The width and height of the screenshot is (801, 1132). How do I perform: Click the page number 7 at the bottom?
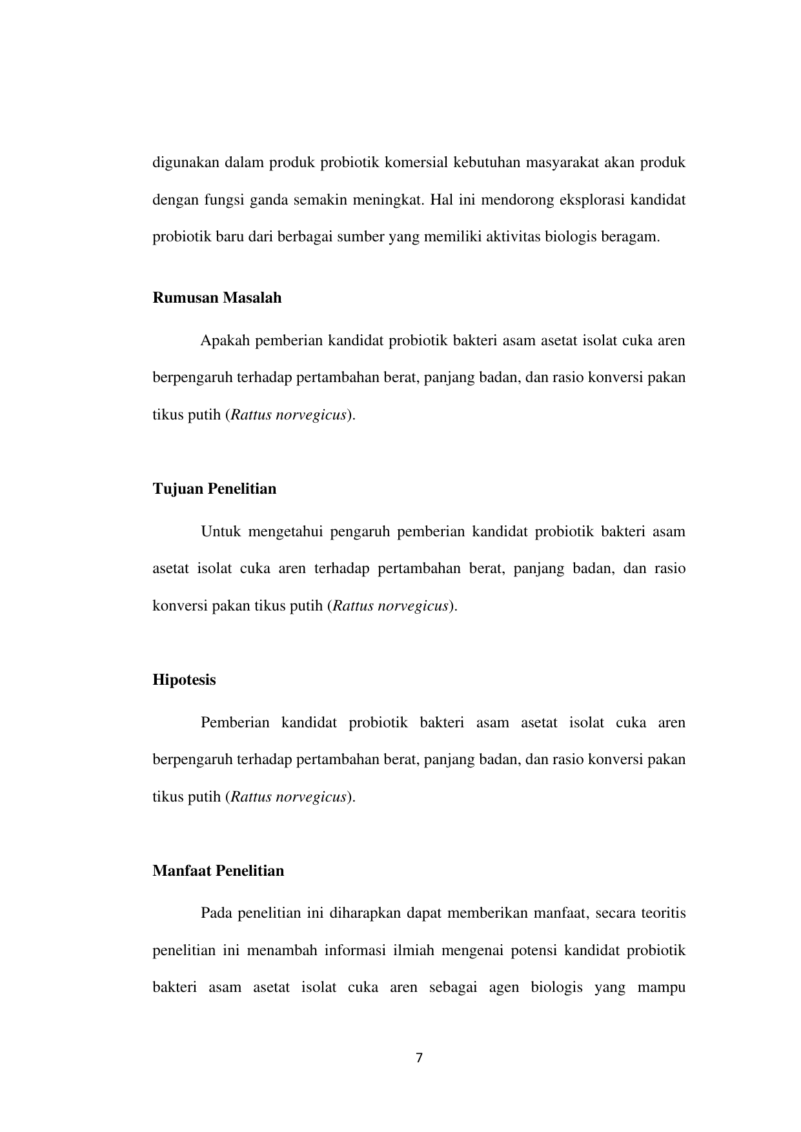tap(419, 1058)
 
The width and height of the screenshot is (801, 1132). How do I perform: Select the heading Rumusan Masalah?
tap(217, 298)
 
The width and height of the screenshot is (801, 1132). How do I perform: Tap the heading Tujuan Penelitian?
tap(214, 489)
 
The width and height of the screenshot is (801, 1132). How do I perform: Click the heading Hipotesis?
tap(184, 680)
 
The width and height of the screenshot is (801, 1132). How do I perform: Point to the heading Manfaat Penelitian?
tap(218, 871)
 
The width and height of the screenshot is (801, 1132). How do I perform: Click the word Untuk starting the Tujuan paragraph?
tap(221, 532)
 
